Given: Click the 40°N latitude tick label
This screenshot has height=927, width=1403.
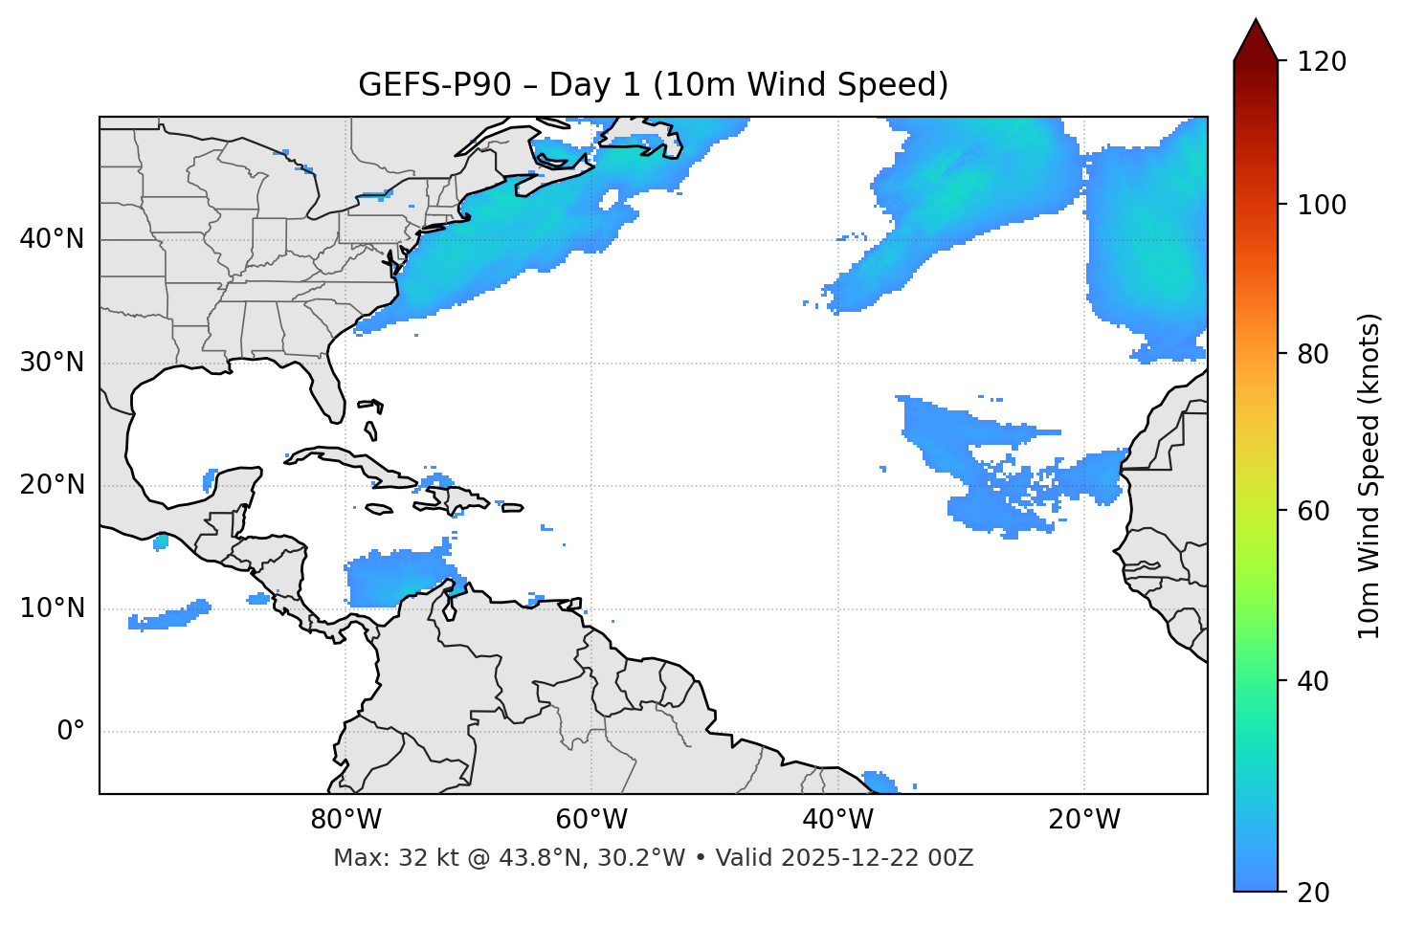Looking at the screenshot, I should click(52, 239).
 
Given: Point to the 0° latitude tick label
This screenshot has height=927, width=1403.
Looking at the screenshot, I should click(70, 732).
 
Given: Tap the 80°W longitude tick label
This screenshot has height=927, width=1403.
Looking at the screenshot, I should click(345, 820).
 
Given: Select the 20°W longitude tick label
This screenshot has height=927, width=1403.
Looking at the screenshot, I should click(1084, 820).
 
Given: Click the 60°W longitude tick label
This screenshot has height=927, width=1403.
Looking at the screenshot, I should click(591, 820).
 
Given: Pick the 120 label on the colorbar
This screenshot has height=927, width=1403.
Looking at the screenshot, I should click(1324, 62).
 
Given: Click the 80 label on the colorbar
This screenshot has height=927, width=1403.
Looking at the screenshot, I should click(1315, 354).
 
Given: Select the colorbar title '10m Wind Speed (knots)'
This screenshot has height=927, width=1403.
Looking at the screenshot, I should click(1370, 475).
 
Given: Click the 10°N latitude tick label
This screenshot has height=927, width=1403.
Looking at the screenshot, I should click(52, 608).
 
